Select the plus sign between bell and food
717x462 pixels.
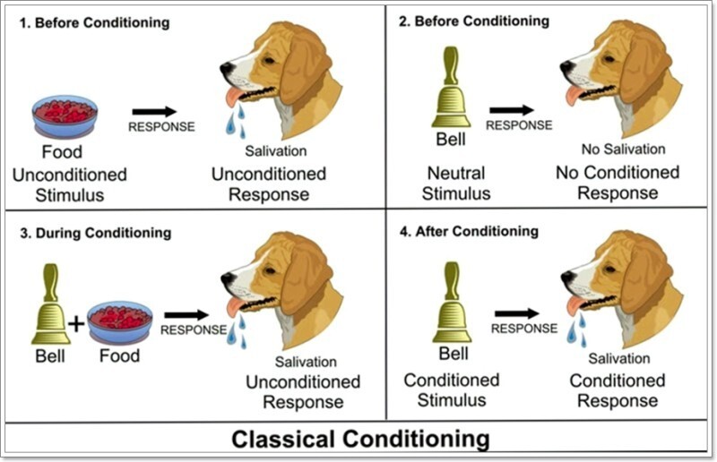78,323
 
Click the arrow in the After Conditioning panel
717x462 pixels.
517,313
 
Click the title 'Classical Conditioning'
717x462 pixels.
361,439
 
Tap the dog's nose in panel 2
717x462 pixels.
566,66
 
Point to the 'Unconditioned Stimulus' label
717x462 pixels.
70,184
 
